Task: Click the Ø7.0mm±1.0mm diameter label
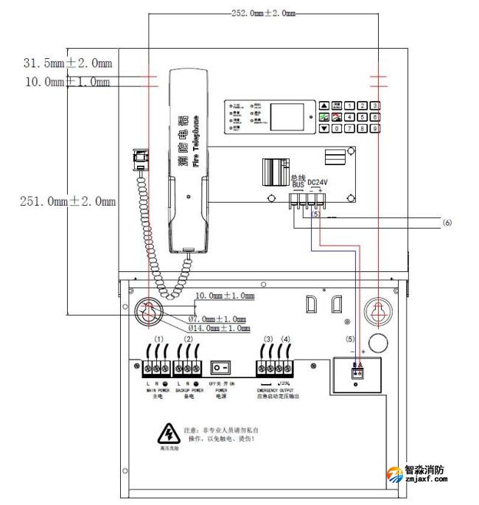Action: (217, 318)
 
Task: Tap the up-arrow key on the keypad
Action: (324, 105)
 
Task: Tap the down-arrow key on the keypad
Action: (324, 128)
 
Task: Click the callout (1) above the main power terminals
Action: (158, 339)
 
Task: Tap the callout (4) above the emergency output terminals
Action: (285, 339)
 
